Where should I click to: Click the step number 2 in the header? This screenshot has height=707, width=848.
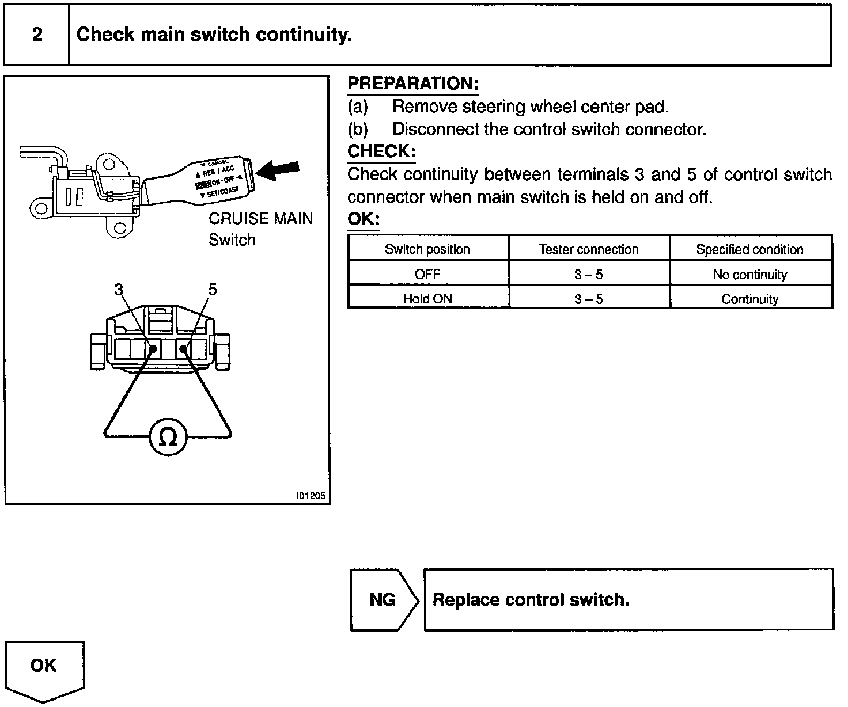coord(37,35)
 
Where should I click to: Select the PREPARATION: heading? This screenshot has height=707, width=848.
coord(412,84)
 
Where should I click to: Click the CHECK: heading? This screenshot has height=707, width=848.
coord(381,151)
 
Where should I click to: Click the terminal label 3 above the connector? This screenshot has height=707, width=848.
coord(119,290)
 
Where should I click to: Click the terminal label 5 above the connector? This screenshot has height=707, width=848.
coord(213,290)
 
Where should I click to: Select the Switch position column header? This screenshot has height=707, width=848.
coord(427,249)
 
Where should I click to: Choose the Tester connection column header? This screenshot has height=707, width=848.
coord(589,249)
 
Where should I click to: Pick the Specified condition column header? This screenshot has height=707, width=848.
coord(749,249)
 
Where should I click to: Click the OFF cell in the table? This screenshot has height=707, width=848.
coord(427,274)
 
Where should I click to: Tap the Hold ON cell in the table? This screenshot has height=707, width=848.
coord(427,299)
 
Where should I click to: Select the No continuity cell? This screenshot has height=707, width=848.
coord(749,275)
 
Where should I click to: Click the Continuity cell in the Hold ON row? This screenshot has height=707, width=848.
coord(749,299)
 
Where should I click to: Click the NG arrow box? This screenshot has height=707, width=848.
coord(383,600)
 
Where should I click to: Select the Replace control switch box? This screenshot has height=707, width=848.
coord(628,600)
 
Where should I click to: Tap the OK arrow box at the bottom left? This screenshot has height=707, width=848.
coord(44,668)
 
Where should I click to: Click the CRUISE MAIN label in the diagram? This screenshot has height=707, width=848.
coord(260,219)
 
